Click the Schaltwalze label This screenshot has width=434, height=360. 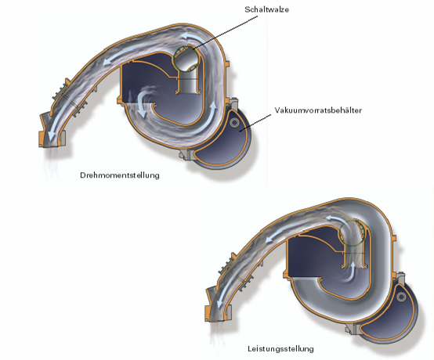[x=266, y=9]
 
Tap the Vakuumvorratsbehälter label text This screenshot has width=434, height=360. [x=318, y=110]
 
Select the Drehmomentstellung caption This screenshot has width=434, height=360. [x=120, y=175]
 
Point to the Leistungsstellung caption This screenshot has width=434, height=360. [x=280, y=349]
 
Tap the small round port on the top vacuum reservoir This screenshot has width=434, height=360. [x=234, y=122]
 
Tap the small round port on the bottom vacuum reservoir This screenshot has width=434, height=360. [x=401, y=297]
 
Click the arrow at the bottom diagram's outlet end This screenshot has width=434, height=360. [x=222, y=300]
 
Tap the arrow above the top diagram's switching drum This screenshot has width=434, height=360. [x=193, y=38]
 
